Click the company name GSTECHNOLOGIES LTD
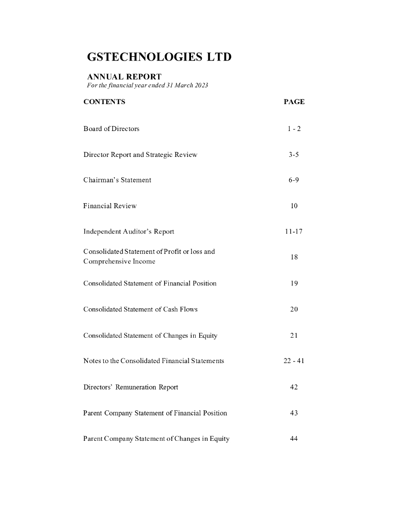coord(160,57)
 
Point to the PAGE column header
coord(294,102)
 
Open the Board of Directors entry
coord(111,128)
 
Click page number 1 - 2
coord(294,128)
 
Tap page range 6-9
coord(294,180)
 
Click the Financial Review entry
coord(110,206)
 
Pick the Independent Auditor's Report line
coord(129,232)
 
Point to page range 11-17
coord(294,232)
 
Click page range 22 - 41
coord(294,361)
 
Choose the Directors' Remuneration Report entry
coord(131,387)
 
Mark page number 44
coord(294,439)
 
